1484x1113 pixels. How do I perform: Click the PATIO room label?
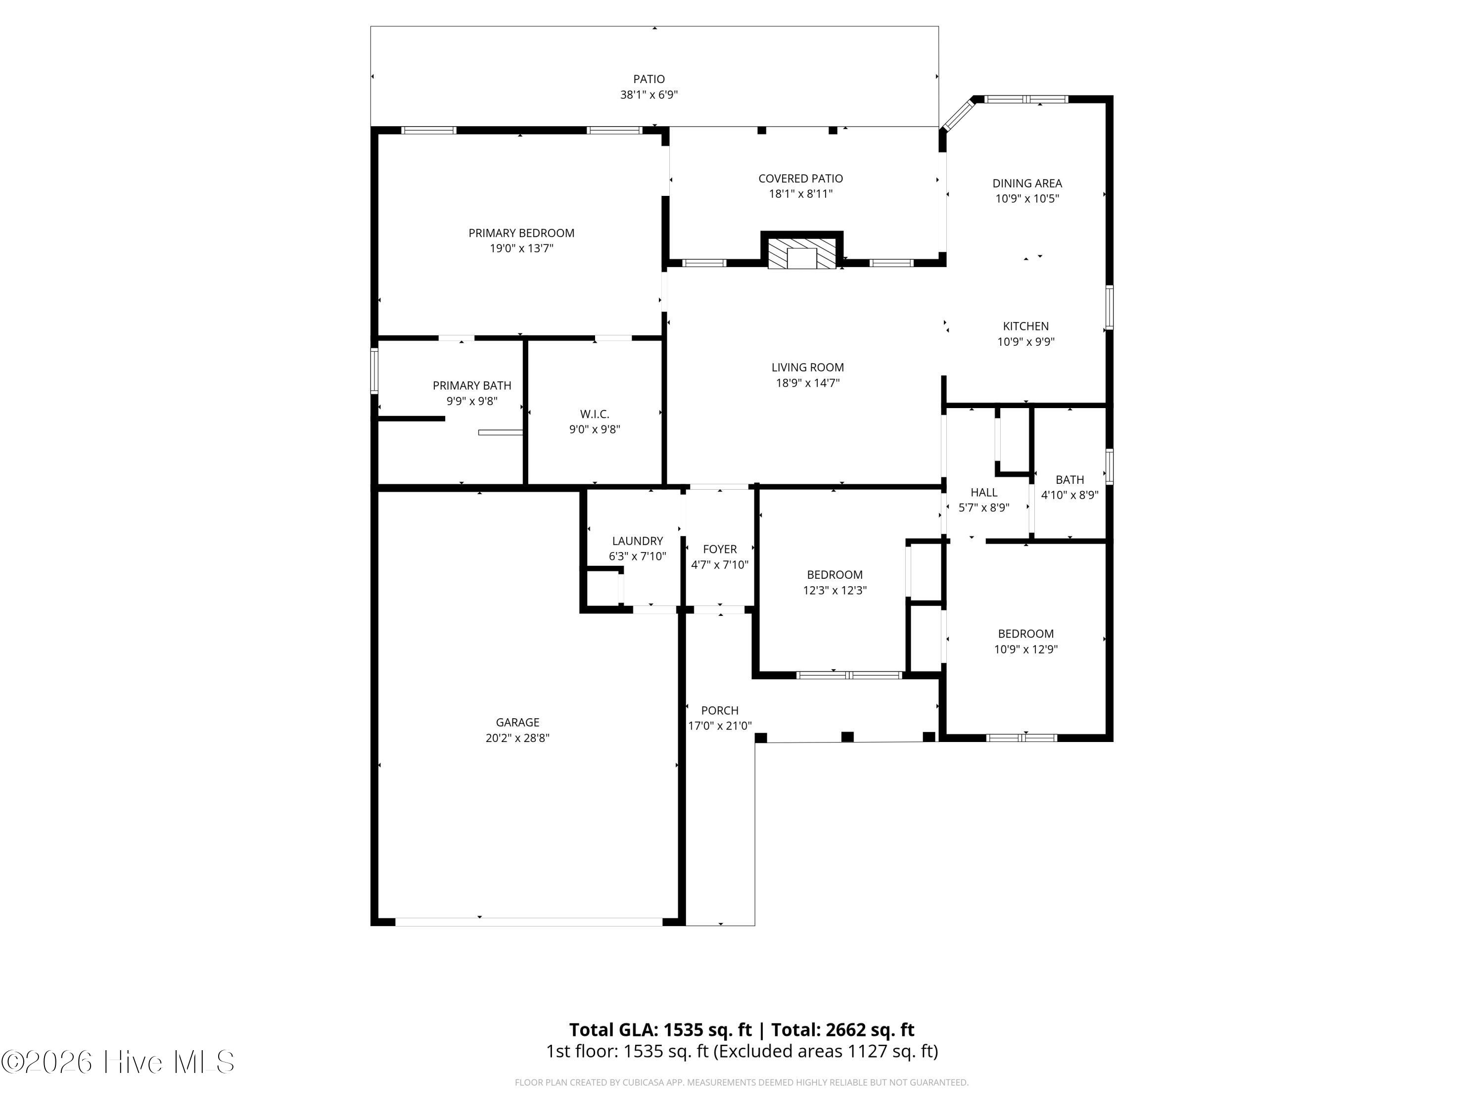(649, 79)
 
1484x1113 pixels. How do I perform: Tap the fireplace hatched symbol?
(802, 253)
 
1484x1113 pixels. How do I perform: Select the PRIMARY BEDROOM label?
(521, 233)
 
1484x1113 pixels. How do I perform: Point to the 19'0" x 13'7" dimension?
(521, 249)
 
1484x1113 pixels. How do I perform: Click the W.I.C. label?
(595, 415)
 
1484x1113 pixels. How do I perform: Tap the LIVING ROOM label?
(808, 368)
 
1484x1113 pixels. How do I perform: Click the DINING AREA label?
(1027, 183)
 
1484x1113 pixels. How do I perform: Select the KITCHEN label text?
(1026, 326)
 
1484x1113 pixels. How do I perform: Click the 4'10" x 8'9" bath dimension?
(1069, 495)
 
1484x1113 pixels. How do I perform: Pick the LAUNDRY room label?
(637, 541)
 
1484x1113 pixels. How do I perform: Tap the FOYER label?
(720, 550)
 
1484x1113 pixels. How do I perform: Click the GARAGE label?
(517, 723)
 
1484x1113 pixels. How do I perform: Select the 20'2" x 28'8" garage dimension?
(517, 738)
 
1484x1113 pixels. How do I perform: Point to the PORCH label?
(720, 710)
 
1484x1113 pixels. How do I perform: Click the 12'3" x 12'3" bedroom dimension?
(835, 590)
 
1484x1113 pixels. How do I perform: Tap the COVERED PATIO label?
(800, 179)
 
